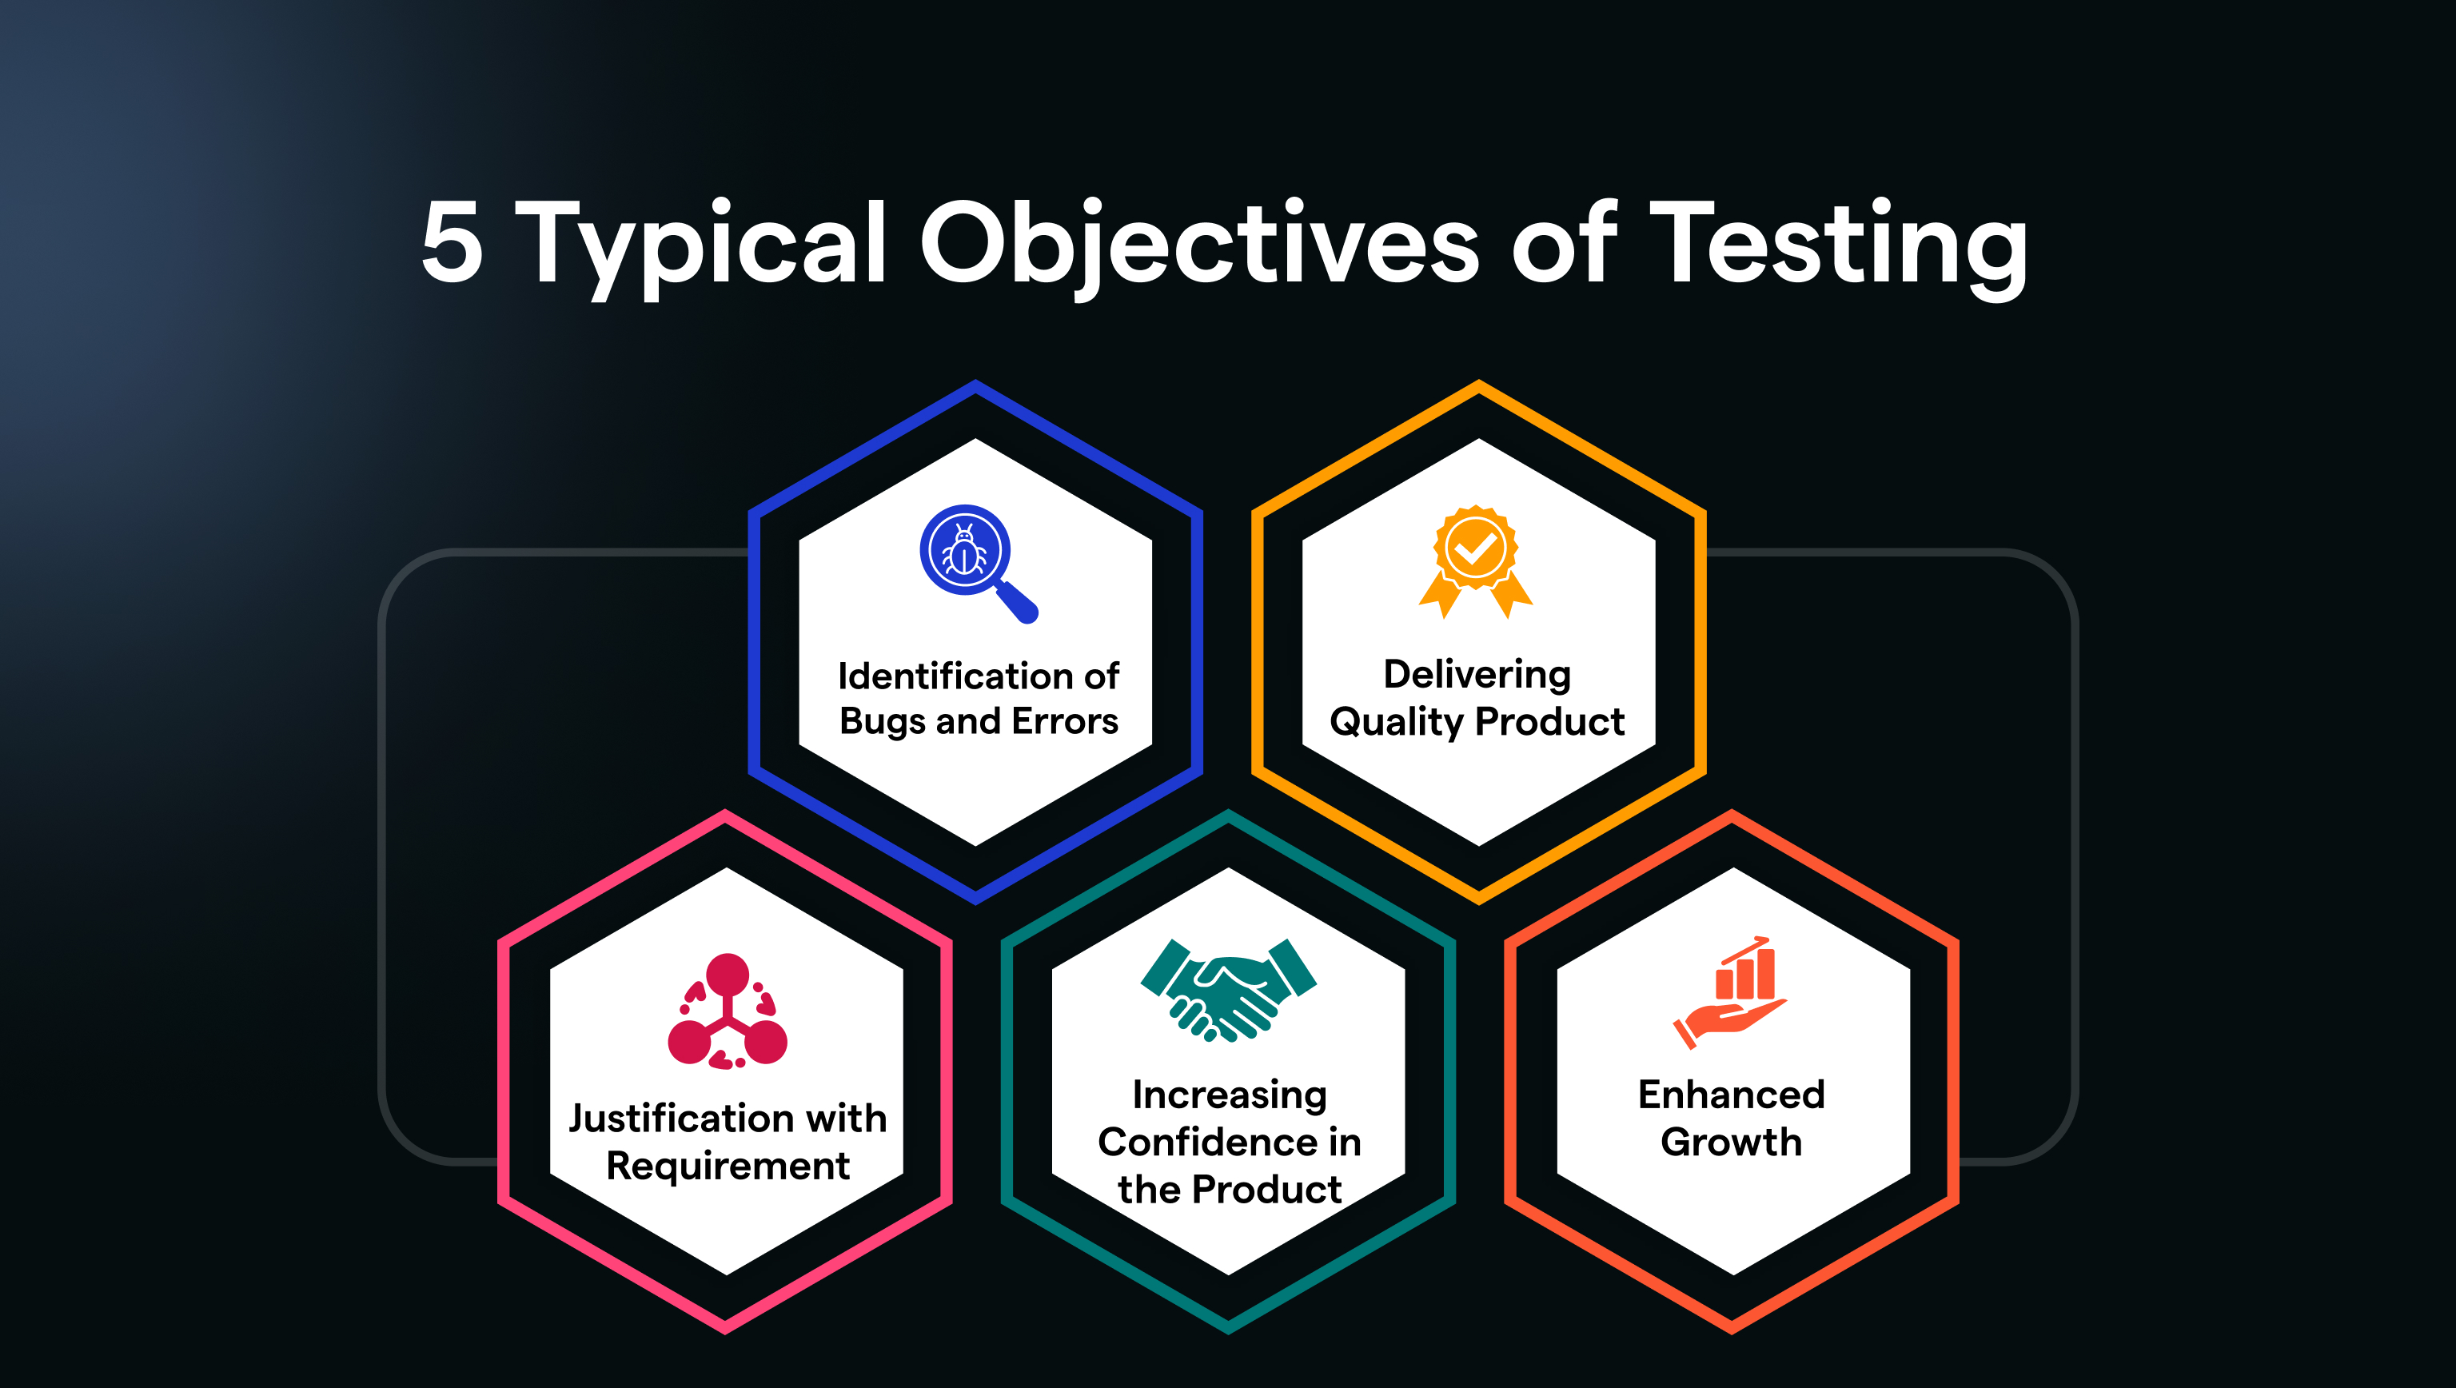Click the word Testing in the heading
pos(1837,247)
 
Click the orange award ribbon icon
pos(1475,561)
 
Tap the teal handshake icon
pos(1228,990)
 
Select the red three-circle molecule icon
pos(728,1011)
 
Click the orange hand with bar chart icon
pos(1729,992)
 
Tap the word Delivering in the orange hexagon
pos(1477,675)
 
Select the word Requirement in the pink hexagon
pos(728,1167)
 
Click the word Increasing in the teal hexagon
pos(1229,1095)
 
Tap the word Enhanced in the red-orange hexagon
pos(1732,1095)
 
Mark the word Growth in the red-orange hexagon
pos(1732,1141)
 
